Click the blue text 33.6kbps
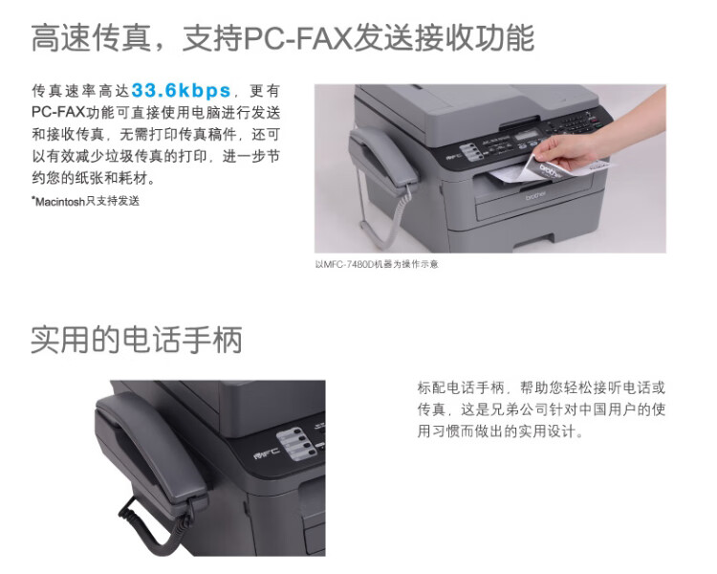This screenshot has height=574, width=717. [x=181, y=91]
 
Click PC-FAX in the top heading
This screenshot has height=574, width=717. [x=298, y=37]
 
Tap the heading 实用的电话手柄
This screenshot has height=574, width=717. [x=137, y=340]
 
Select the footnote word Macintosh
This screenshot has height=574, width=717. [x=60, y=202]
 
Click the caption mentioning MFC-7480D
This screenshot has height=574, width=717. [x=377, y=264]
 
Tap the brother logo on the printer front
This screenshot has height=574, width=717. [x=535, y=196]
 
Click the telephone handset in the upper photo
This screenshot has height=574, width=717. [x=382, y=155]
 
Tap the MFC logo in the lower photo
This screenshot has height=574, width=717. [x=266, y=453]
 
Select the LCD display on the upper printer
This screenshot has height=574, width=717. [x=529, y=136]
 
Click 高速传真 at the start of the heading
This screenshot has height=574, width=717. [x=91, y=37]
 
